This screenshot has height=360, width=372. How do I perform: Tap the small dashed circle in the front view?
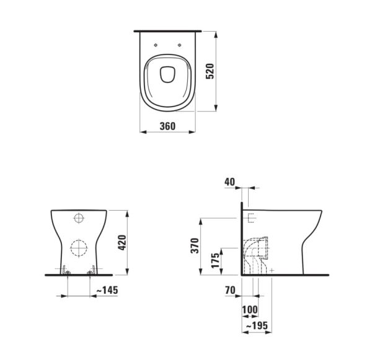79,218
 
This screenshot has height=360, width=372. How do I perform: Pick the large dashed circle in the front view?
79,248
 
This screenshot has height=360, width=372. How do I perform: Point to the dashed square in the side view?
251,217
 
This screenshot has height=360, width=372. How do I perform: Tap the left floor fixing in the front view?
64,271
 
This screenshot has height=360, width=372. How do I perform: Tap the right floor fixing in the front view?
92,271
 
